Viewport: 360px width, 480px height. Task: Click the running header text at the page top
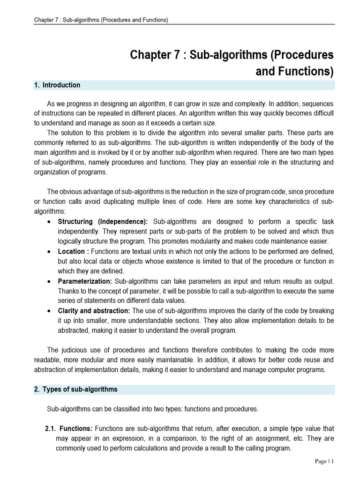tap(101, 20)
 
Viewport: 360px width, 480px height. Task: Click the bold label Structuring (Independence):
tap(103, 221)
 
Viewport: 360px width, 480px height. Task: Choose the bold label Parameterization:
tap(85, 281)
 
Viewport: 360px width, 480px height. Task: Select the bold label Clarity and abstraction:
tap(94, 311)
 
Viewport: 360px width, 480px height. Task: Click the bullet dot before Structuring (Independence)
tap(49, 222)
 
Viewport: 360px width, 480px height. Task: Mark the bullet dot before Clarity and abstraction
tap(49, 311)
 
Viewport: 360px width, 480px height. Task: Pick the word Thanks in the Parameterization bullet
tap(68, 291)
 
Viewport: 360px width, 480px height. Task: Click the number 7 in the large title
tap(173, 55)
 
